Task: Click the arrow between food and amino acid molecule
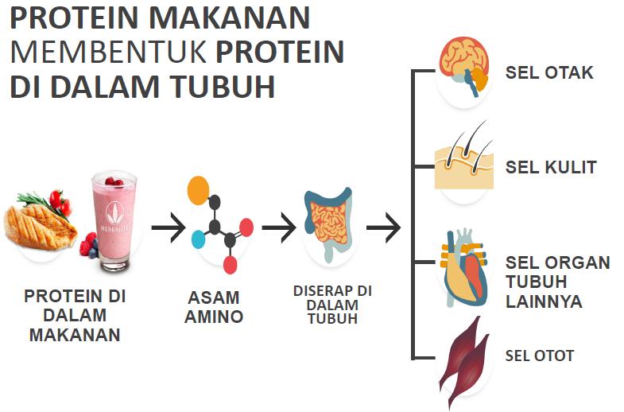point(168,229)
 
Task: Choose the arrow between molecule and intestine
point(278,229)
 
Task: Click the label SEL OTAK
point(549,73)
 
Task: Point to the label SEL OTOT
point(540,356)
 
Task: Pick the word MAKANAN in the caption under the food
point(75,335)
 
